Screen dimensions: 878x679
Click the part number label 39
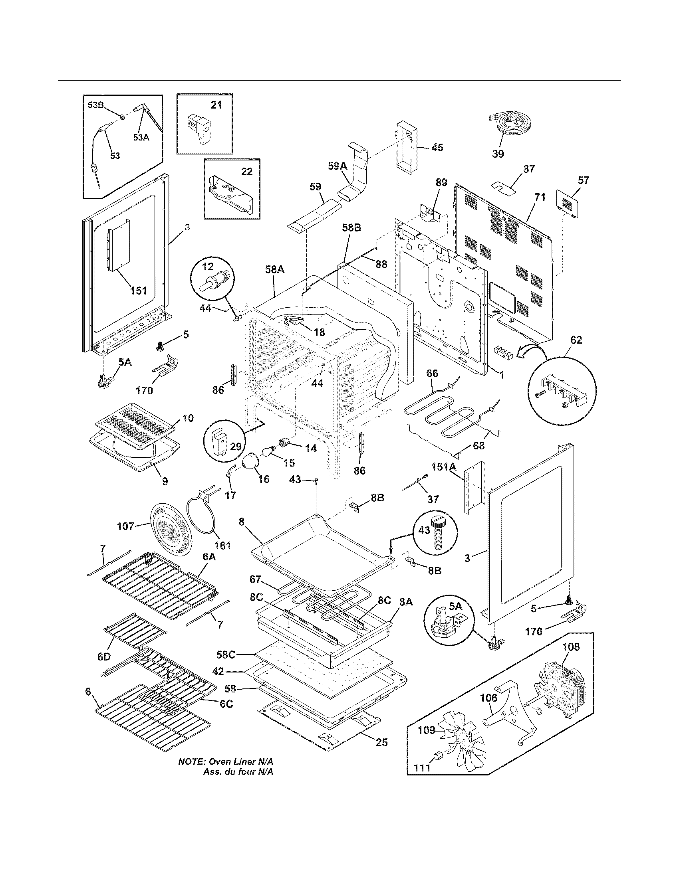click(x=498, y=154)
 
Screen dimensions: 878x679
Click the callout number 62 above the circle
click(x=576, y=340)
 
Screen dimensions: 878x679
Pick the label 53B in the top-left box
click(x=96, y=105)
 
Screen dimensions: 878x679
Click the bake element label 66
click(x=432, y=373)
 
